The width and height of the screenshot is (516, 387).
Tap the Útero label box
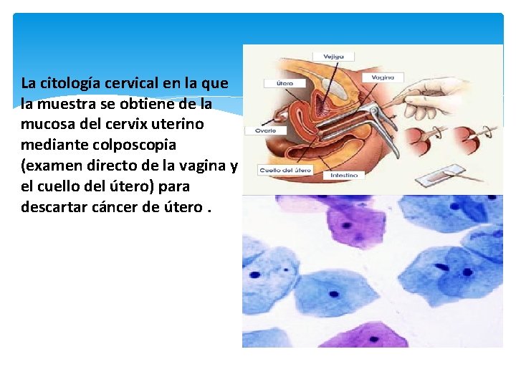pos(278,83)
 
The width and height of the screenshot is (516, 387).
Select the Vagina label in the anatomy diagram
pos(383,77)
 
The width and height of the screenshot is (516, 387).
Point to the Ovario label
pos(257,130)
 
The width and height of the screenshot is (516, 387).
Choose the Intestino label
pos(344,175)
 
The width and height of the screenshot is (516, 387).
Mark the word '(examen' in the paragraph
pos(52,166)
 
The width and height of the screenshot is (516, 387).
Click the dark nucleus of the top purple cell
pos(346,225)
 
